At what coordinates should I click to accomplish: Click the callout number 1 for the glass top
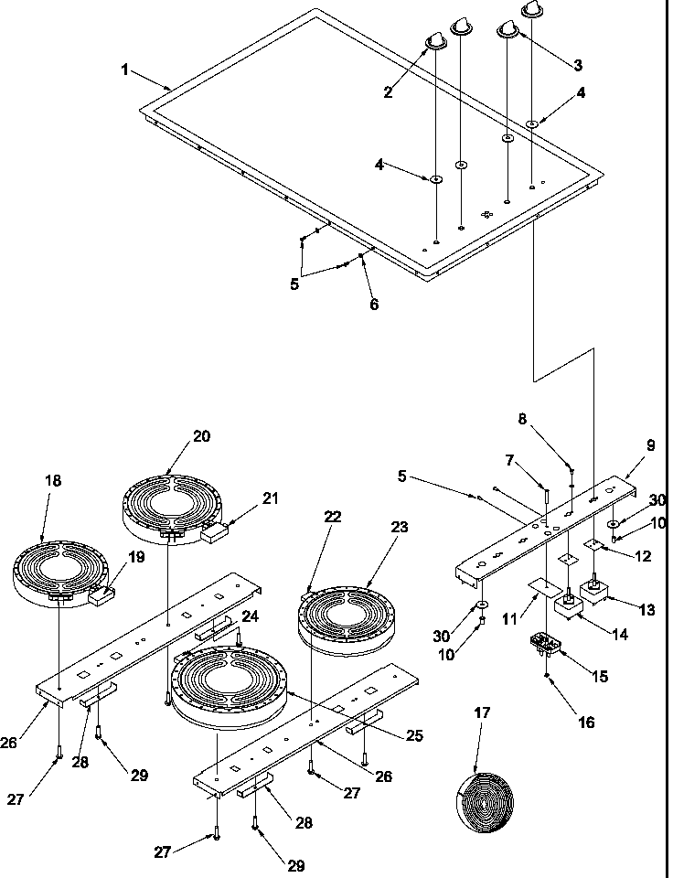125,70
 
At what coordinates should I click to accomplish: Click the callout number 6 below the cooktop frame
374,305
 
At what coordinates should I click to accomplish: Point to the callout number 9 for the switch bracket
650,445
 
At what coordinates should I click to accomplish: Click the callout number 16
586,723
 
